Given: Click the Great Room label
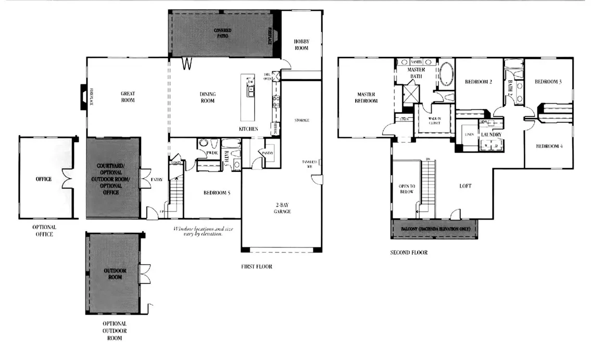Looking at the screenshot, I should pyautogui.click(x=128, y=97).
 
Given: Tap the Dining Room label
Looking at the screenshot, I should pyautogui.click(x=208, y=97).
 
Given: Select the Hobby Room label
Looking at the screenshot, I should pyautogui.click(x=301, y=44).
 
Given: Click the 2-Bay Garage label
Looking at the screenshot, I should pyautogui.click(x=283, y=208).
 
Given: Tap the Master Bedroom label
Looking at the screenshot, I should pyautogui.click(x=366, y=97).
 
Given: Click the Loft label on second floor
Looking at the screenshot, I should pyautogui.click(x=466, y=186).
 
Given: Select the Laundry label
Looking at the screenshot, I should pyautogui.click(x=491, y=135).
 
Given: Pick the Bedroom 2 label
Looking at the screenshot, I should pyautogui.click(x=479, y=82).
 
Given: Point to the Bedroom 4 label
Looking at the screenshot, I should pyautogui.click(x=549, y=146).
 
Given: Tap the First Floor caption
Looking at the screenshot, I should pyautogui.click(x=257, y=267).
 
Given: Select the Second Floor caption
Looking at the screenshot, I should pyautogui.click(x=409, y=253).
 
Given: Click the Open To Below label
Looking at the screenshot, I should pyautogui.click(x=406, y=189).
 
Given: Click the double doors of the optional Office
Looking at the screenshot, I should pyautogui.click(x=67, y=179).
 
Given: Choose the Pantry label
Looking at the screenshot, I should pyautogui.click(x=269, y=153).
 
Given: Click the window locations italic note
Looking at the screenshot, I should pyautogui.click(x=198, y=231).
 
